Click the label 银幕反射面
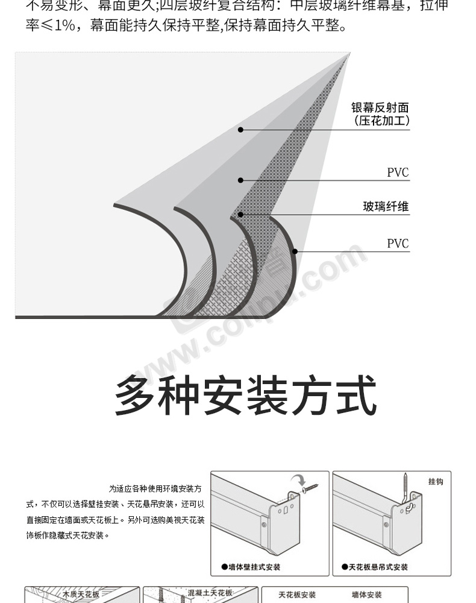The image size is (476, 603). [x=380, y=107]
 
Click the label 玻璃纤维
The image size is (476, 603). [x=386, y=207]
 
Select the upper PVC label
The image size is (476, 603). [x=398, y=173]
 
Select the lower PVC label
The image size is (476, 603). [x=398, y=244]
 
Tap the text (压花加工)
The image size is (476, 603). [x=381, y=121]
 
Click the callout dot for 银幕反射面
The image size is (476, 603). [x=240, y=130]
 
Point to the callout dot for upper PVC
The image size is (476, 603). [x=240, y=180]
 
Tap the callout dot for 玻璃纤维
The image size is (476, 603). [x=240, y=214]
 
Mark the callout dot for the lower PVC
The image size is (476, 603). [x=295, y=251]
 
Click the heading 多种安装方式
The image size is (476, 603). [x=245, y=396]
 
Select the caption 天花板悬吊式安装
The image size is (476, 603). [x=375, y=567]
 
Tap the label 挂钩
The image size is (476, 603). [x=436, y=482]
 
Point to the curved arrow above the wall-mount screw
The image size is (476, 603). [x=298, y=480]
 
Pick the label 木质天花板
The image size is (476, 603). [x=81, y=594]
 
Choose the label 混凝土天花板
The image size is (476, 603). [x=210, y=593]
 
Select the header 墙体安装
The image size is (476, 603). [x=367, y=595]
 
